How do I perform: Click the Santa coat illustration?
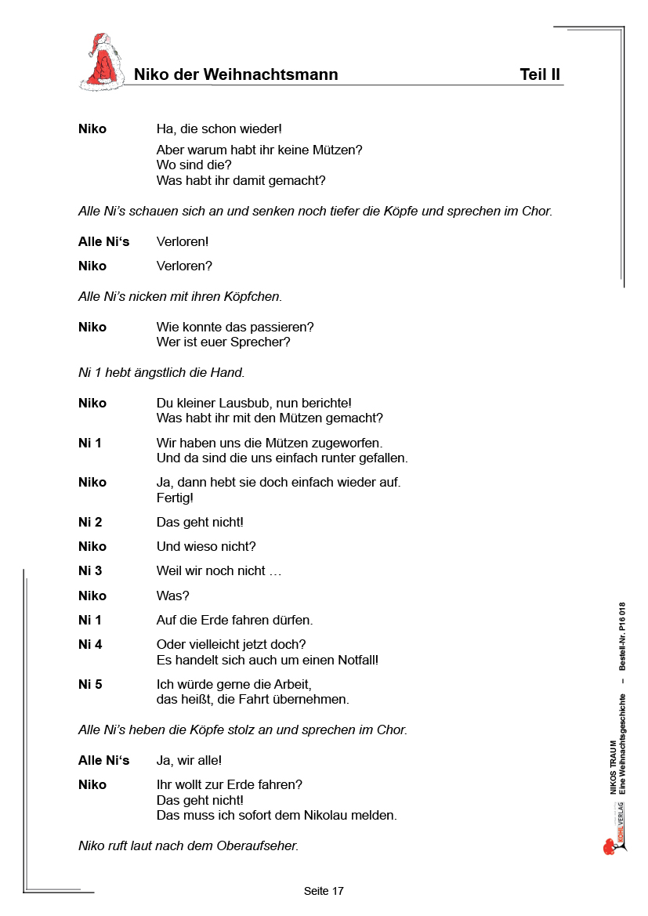[102, 63]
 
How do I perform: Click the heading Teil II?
[540, 74]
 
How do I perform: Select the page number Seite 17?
[324, 891]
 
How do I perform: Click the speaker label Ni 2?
[90, 522]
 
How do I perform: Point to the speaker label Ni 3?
[90, 570]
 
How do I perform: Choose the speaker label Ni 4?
[90, 644]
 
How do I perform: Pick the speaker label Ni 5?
[90, 684]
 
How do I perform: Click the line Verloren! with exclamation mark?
[183, 241]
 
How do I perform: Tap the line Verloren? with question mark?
[184, 266]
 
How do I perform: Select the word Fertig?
[175, 498]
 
